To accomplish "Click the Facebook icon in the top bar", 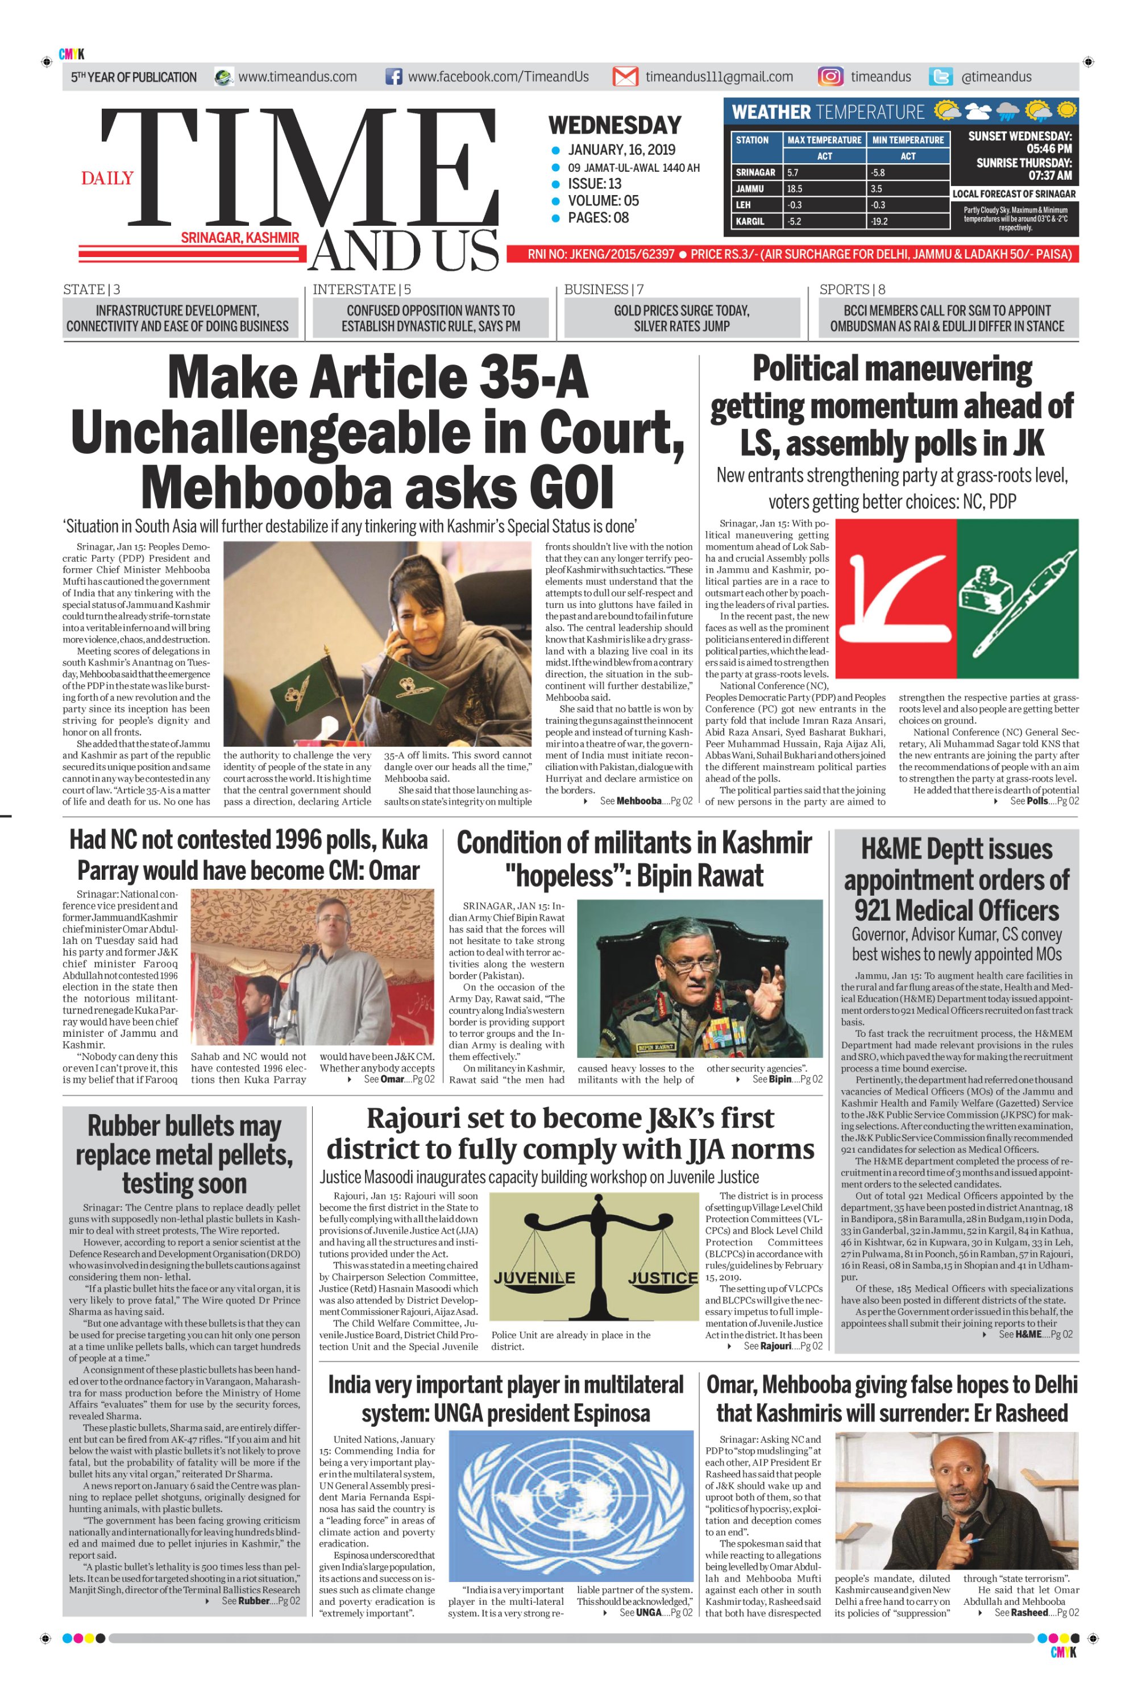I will pyautogui.click(x=393, y=77).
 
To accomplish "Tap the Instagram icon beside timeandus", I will pyautogui.click(x=830, y=77).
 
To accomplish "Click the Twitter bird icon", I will pyautogui.click(x=941, y=77).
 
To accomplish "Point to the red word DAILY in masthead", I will pyautogui.click(x=107, y=179).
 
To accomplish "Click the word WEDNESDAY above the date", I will pyautogui.click(x=614, y=125).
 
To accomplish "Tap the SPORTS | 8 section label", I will pyautogui.click(x=852, y=289).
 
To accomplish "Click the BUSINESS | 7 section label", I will pyautogui.click(x=604, y=289).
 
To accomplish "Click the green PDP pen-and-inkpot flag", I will pyautogui.click(x=1017, y=598).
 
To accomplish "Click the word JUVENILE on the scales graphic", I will pyautogui.click(x=534, y=1278).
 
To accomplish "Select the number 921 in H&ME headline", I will pyautogui.click(x=883, y=910).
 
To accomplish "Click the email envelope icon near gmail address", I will pyautogui.click(x=625, y=77).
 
